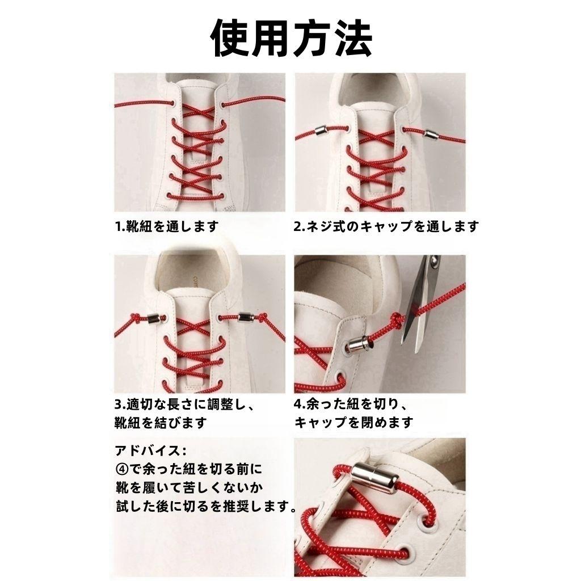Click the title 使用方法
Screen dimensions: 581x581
291,38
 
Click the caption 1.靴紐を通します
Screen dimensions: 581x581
167,226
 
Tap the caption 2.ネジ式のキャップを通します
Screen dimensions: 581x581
386,226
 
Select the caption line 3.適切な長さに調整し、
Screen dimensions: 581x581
184,404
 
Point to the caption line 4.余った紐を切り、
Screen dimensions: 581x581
351,404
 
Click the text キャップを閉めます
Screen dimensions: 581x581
353,422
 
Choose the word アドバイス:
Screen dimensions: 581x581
151,451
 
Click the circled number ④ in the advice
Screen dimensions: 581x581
122,469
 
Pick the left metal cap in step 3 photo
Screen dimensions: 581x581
153,318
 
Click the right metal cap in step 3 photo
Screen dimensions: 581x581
246,317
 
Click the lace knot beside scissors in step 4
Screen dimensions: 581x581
396,319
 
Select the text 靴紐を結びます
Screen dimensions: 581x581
161,422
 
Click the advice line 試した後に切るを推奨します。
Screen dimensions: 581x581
206,506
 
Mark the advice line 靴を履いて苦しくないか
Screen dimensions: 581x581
189,487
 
